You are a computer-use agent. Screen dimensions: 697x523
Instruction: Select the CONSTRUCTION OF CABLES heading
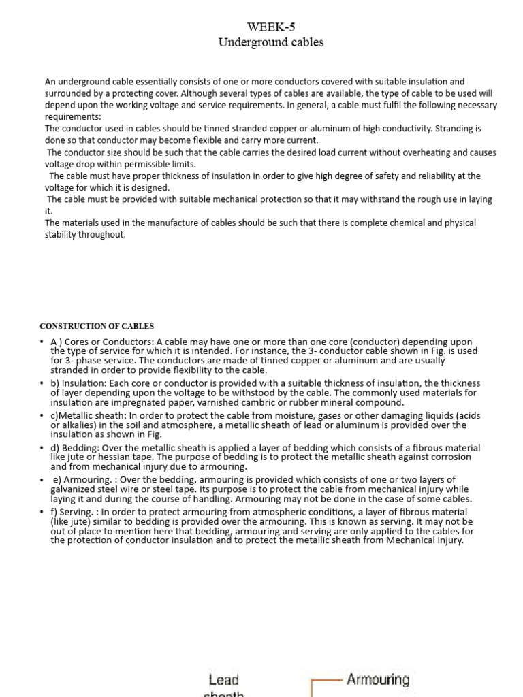[x=97, y=327]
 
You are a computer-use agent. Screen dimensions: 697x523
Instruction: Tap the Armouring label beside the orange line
[x=378, y=679]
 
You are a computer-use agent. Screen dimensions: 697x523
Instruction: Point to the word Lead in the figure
[x=224, y=680]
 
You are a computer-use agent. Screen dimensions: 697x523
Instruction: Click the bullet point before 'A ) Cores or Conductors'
[x=42, y=342]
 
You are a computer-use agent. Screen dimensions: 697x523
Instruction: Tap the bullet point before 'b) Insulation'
[x=42, y=384]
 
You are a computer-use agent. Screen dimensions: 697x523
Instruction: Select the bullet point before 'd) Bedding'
[x=42, y=449]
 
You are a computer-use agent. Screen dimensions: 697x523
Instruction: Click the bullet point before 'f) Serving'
[x=42, y=513]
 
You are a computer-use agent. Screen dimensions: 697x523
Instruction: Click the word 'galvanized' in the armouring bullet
[x=75, y=489]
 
